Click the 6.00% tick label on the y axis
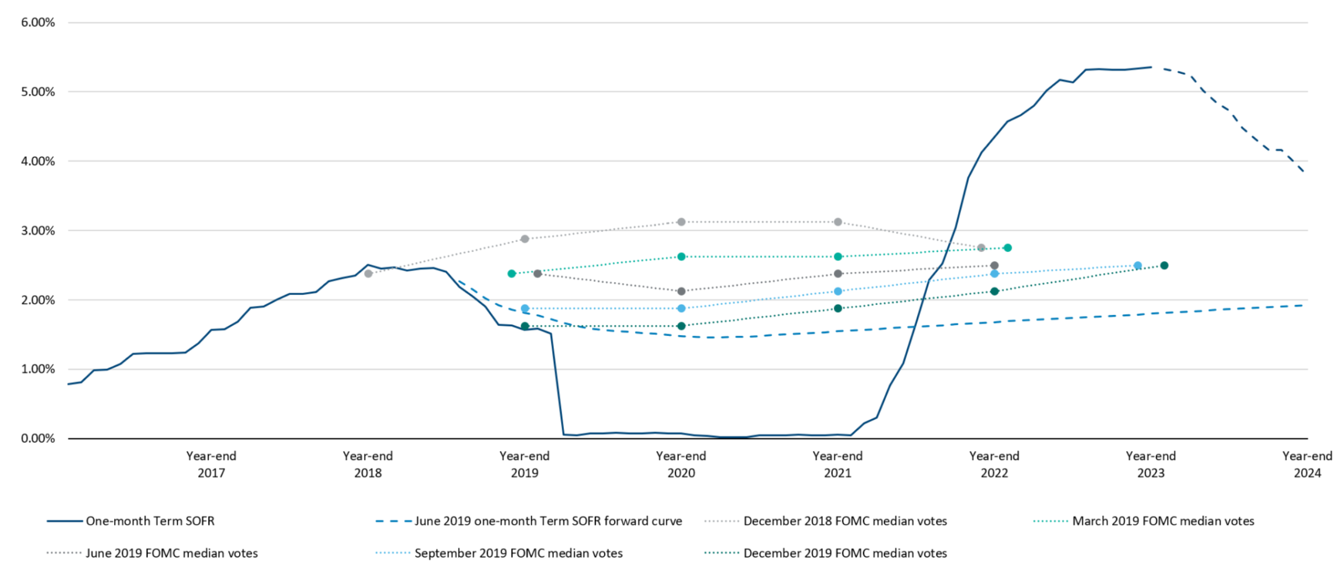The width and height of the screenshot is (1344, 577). [x=38, y=22]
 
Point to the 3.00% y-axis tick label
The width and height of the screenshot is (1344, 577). [x=38, y=231]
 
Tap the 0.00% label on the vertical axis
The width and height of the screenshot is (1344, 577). [x=38, y=439]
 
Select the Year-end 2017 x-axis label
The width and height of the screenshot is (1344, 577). [x=211, y=465]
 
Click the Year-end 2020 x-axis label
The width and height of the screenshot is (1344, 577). [x=681, y=465]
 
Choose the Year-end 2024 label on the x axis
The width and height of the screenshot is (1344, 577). [x=1307, y=465]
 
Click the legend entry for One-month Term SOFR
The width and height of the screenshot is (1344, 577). [x=150, y=521]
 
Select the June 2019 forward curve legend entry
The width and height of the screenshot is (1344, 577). [x=548, y=521]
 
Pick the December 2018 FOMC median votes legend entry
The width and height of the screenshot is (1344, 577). [x=844, y=521]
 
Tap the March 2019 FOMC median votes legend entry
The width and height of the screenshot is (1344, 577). [x=1163, y=521]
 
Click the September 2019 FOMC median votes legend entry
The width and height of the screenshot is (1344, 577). [x=518, y=553]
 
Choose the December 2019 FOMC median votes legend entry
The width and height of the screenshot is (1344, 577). [x=844, y=553]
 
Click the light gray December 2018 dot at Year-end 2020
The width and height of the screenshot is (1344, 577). [x=682, y=222]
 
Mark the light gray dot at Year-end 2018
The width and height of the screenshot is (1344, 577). [x=368, y=274]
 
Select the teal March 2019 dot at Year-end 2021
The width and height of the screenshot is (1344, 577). [x=838, y=257]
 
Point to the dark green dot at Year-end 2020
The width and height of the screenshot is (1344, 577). [x=682, y=326]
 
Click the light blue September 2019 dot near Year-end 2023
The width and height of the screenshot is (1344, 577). [x=1137, y=266]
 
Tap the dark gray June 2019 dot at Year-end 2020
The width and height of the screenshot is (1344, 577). [x=682, y=292]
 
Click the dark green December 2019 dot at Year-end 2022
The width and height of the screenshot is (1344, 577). [x=995, y=292]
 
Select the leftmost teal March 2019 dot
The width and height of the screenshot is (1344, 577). [x=511, y=274]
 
